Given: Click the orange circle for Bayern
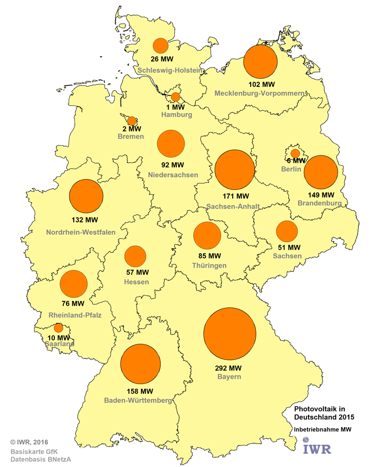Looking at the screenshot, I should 230,333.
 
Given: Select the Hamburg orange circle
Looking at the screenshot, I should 176,97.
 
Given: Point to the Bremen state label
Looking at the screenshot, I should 130,137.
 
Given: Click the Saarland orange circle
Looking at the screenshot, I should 58,328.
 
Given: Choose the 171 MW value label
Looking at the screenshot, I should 235,196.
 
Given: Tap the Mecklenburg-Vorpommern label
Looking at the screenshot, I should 260,93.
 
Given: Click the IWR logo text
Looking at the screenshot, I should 317,449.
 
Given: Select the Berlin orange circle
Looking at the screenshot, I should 295,153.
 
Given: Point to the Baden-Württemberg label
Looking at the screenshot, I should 138,400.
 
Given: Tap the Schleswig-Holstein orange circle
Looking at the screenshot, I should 161,46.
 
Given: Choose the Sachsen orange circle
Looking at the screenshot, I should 287,231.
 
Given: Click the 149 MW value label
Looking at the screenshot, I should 320,195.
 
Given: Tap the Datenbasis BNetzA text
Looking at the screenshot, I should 40,459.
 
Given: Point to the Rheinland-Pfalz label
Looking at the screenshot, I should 75,315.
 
